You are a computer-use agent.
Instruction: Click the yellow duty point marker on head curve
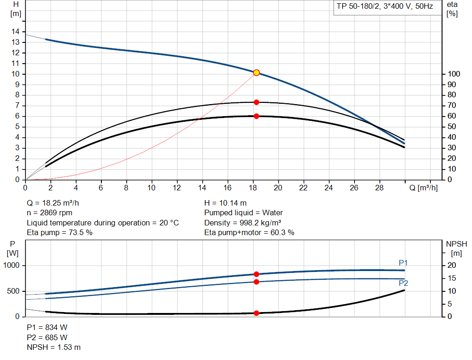pyautogui.click(x=256, y=72)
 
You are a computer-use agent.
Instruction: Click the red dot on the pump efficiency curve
pyautogui.click(x=256, y=102)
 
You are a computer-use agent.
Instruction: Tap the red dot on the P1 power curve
pyautogui.click(x=256, y=274)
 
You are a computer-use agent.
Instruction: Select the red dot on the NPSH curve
pyautogui.click(x=256, y=313)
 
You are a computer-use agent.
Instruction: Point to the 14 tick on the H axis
pyautogui.click(x=16, y=31)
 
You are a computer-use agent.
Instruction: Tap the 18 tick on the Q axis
pyautogui.click(x=252, y=188)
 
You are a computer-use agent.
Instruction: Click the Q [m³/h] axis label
pyautogui.click(x=423, y=188)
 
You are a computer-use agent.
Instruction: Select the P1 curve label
pyautogui.click(x=403, y=263)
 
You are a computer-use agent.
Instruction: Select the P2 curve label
pyautogui.click(x=403, y=283)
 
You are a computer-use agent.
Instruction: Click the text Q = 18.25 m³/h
pyautogui.click(x=56, y=203)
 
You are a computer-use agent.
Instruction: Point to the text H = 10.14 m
pyautogui.click(x=225, y=203)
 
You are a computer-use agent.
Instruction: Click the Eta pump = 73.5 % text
pyautogui.click(x=59, y=232)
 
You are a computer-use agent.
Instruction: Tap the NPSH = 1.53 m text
pyautogui.click(x=54, y=347)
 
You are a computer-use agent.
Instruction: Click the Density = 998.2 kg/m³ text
pyautogui.click(x=243, y=223)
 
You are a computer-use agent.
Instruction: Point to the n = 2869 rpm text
pyautogui.click(x=49, y=212)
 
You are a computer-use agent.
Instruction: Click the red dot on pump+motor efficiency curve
pyautogui.click(x=256, y=116)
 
